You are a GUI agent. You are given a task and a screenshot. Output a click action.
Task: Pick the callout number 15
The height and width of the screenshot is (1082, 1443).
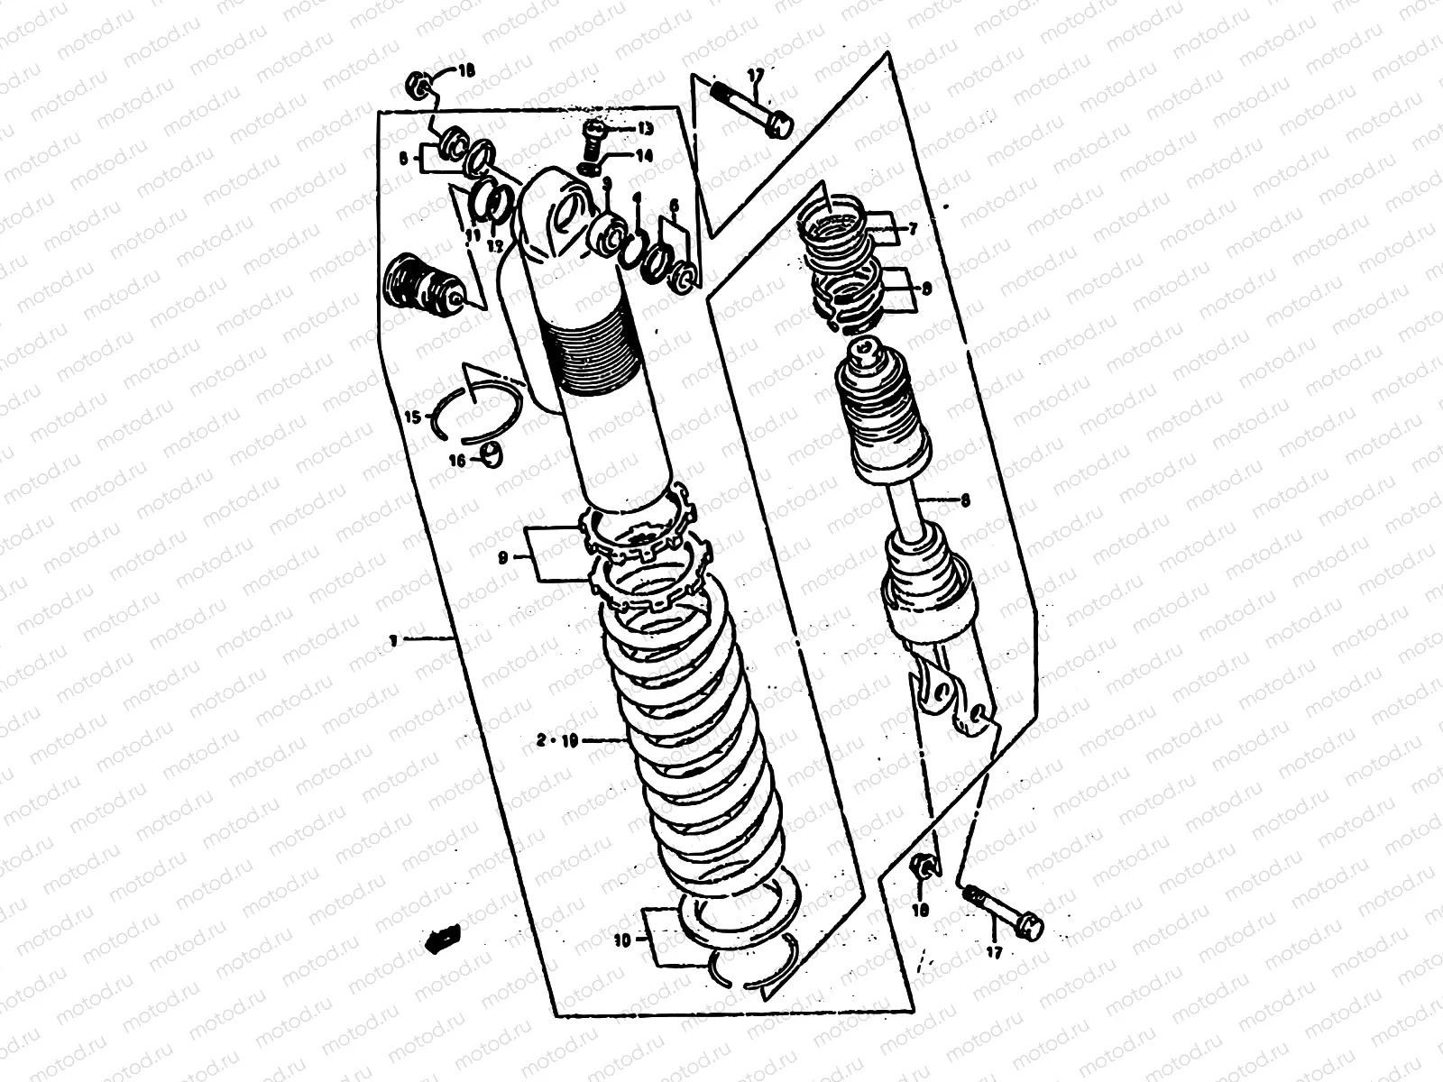411,417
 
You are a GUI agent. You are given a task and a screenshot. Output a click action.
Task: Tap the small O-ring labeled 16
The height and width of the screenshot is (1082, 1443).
492,454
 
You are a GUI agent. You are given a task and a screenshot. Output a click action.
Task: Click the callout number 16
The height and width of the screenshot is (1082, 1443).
457,460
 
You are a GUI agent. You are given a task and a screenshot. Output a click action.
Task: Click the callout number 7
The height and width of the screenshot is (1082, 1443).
913,230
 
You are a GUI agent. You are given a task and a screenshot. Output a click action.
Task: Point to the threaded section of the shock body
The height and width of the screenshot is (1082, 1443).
595,352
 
